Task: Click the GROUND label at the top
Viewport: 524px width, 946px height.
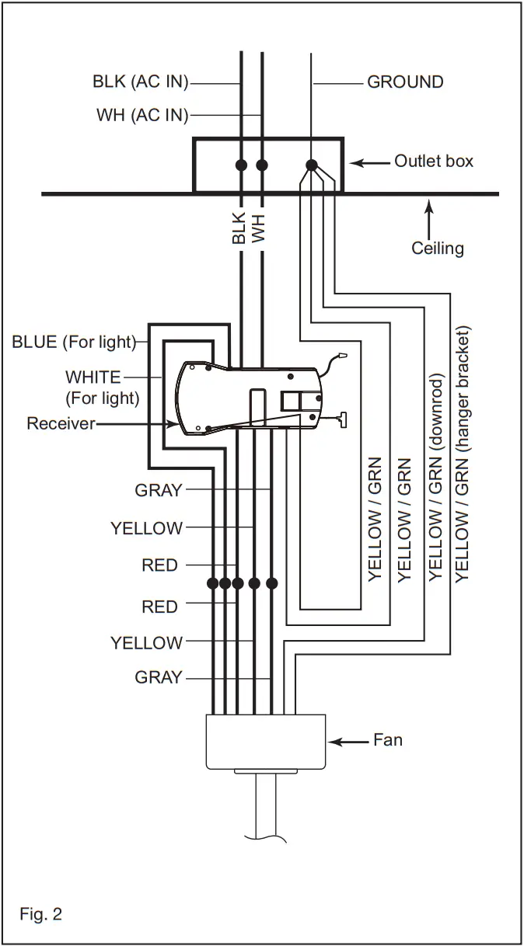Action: point(405,82)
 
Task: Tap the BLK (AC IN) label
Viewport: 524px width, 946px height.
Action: point(141,82)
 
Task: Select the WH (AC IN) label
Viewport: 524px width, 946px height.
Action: point(142,116)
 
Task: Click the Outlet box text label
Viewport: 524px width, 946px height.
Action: point(434,161)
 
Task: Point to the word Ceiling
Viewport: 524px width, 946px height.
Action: point(438,249)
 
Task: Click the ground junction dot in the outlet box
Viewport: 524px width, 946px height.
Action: point(312,165)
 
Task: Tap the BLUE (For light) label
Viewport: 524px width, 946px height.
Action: point(74,342)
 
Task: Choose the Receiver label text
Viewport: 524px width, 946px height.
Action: point(61,423)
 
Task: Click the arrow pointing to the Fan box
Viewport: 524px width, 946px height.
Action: point(349,742)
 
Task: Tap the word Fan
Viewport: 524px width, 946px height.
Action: point(388,739)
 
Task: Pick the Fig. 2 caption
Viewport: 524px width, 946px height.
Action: point(40,914)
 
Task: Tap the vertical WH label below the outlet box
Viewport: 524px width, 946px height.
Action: point(259,228)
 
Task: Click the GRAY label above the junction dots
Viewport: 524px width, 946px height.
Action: point(159,490)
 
